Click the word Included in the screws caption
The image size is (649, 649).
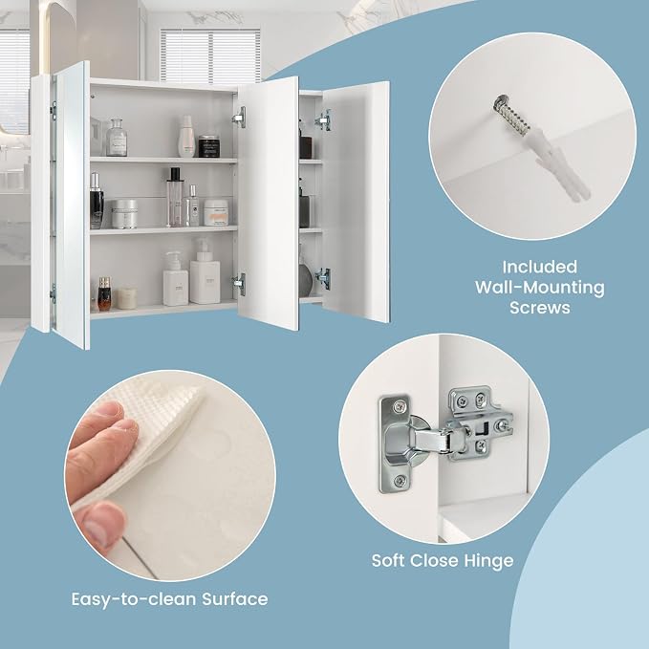[x=539, y=267]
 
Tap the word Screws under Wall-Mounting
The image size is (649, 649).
[x=540, y=308]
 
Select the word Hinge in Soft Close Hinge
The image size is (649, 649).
[x=488, y=561]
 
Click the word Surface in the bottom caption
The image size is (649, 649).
[x=235, y=599]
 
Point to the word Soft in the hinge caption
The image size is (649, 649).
[x=387, y=561]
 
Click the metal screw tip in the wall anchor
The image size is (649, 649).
[x=509, y=115]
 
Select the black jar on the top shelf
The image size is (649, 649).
[x=209, y=146]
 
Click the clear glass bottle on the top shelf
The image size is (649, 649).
[x=117, y=138]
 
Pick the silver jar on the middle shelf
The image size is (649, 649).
[x=124, y=214]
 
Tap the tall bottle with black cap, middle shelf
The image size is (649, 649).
[x=174, y=197]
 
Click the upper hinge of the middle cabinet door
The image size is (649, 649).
[x=240, y=118]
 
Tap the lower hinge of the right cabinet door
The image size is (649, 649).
[x=323, y=278]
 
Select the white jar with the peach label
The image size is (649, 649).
[x=216, y=212]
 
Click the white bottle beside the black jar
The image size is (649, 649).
[x=186, y=137]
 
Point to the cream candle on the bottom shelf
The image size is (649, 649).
[x=127, y=298]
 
